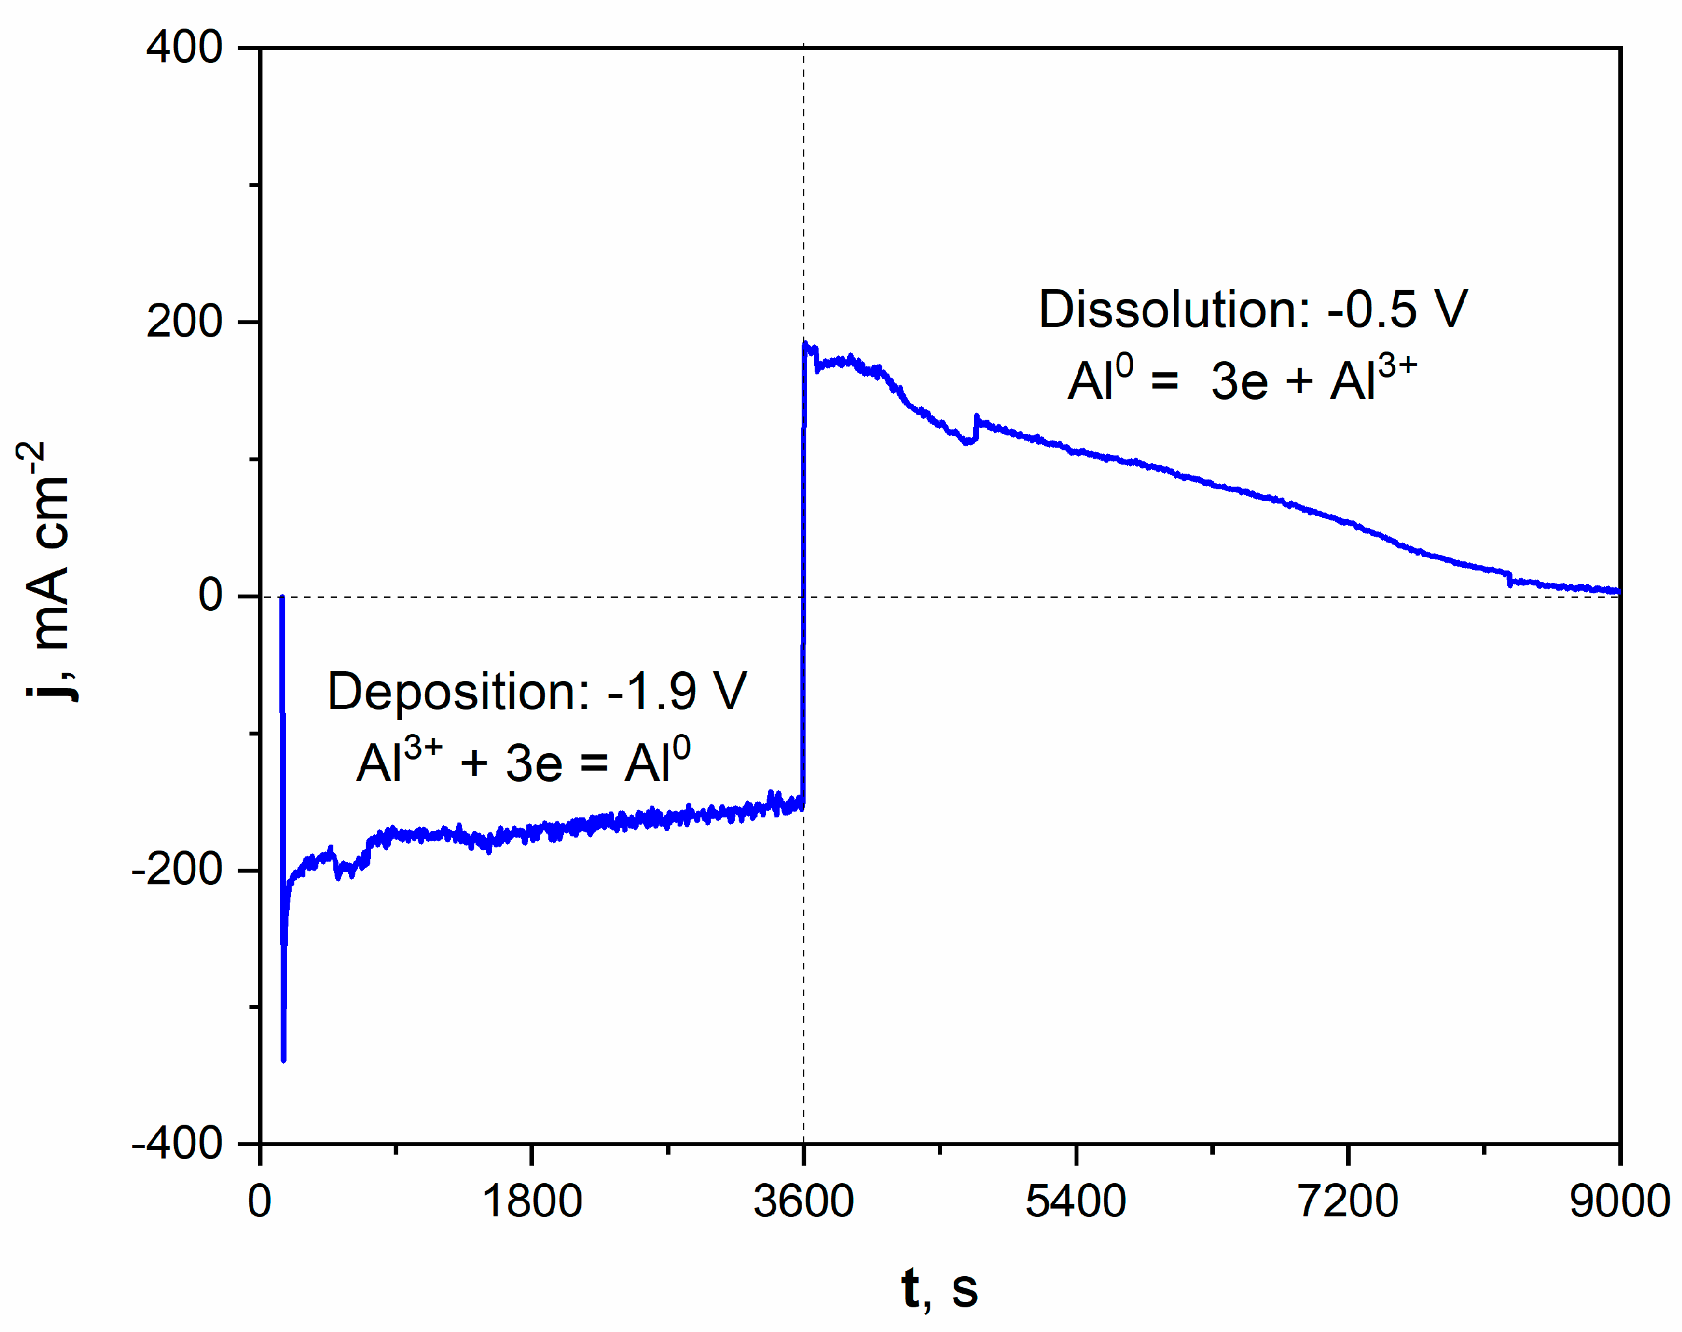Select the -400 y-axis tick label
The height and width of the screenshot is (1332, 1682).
coord(178,1144)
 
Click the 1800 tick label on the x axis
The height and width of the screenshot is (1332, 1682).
coord(532,1201)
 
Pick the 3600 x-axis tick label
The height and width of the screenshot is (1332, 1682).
coord(803,1201)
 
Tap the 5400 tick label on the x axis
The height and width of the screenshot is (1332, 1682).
coord(1075,1201)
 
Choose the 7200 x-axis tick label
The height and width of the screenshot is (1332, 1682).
coord(1347,1201)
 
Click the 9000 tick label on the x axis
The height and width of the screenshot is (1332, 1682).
coord(1619,1201)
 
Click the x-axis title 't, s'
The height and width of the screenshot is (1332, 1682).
coord(939,1288)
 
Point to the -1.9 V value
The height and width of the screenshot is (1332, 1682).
coord(677,692)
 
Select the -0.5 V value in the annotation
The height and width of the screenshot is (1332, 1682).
coord(1397,309)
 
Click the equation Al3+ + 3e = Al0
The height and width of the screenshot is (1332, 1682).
coord(523,761)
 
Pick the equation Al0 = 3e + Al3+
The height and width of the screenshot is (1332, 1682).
coord(1242,380)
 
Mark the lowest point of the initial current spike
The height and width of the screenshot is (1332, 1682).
coord(283,1059)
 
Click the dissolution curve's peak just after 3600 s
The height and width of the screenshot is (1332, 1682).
coord(806,344)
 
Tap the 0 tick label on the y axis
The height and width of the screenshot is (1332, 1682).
coord(210,596)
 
